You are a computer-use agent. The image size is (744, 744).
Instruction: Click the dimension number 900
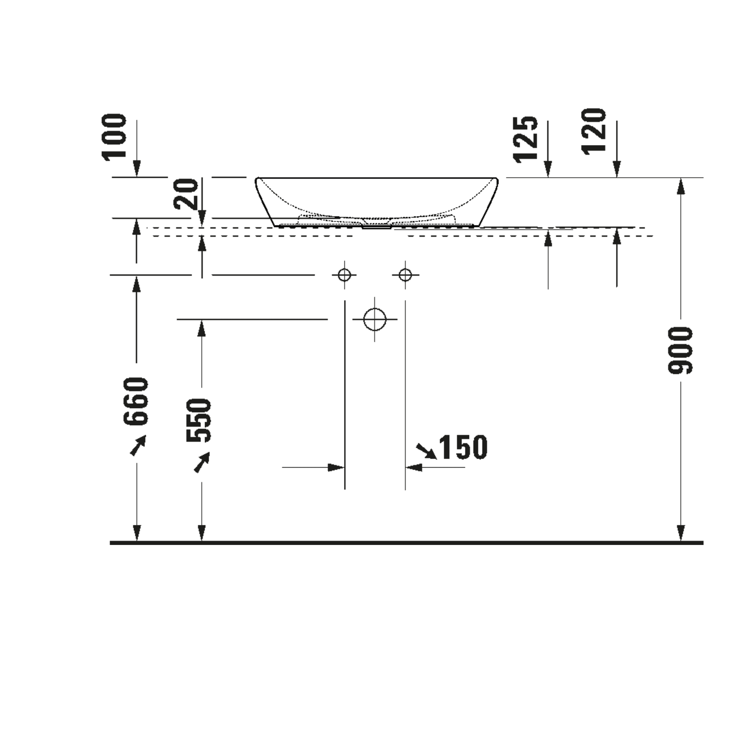point(680,351)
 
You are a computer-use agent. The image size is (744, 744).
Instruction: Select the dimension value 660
point(136,401)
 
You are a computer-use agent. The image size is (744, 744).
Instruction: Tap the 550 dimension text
point(199,420)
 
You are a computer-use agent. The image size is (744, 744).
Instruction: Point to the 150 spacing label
point(463,447)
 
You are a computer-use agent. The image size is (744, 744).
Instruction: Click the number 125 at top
point(526,139)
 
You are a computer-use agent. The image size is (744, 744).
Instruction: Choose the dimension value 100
point(114,137)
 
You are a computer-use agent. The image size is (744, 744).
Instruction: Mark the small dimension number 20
point(186,194)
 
